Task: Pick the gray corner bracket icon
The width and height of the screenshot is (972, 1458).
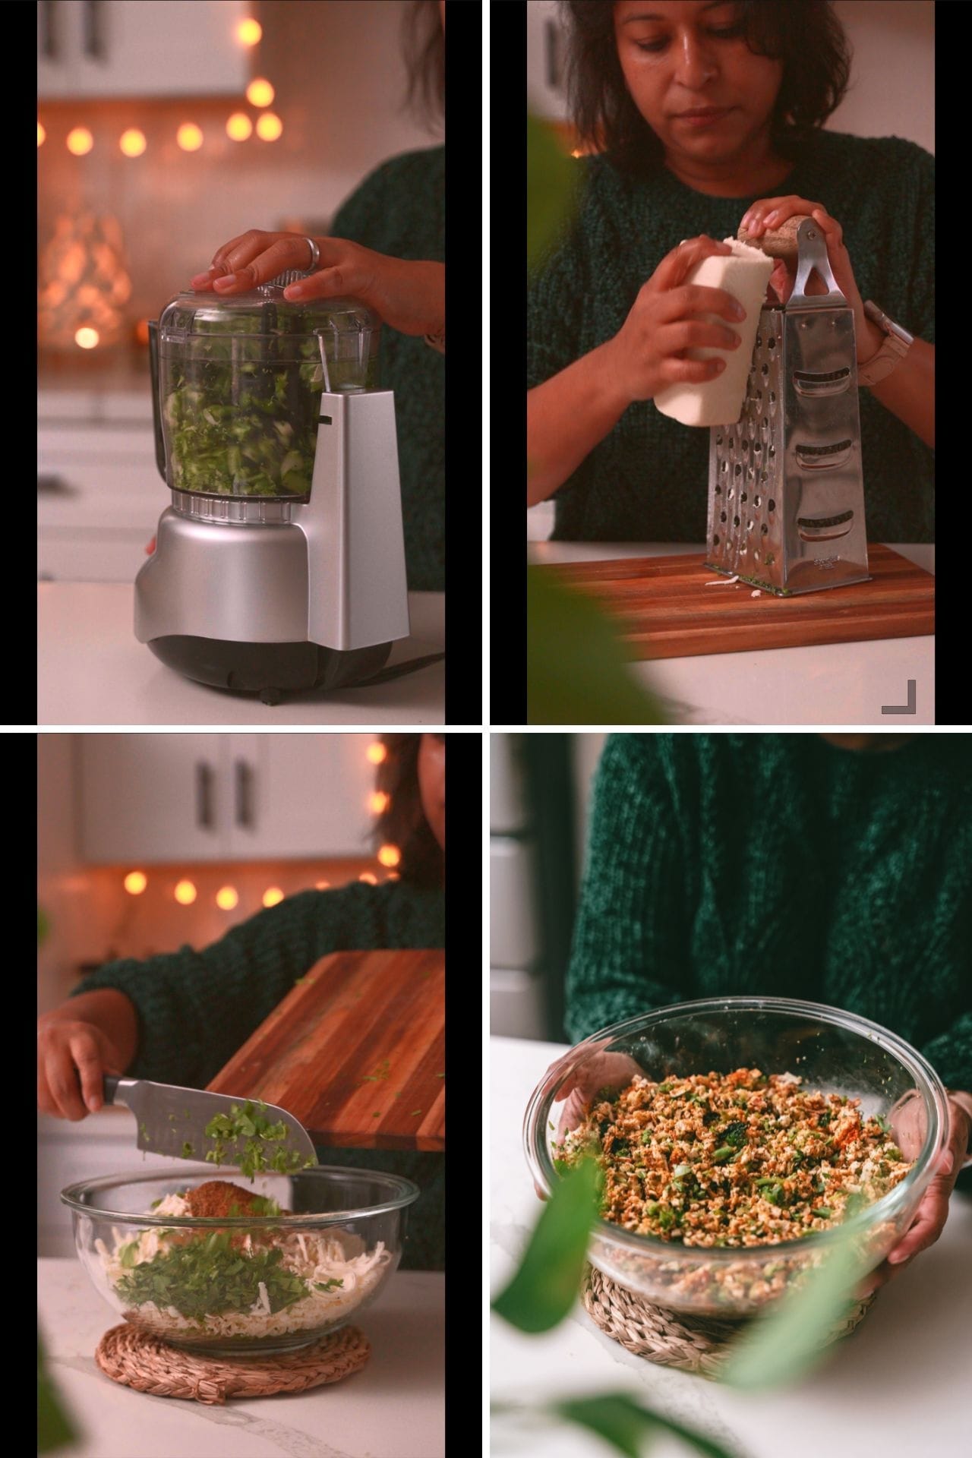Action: [899, 697]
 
